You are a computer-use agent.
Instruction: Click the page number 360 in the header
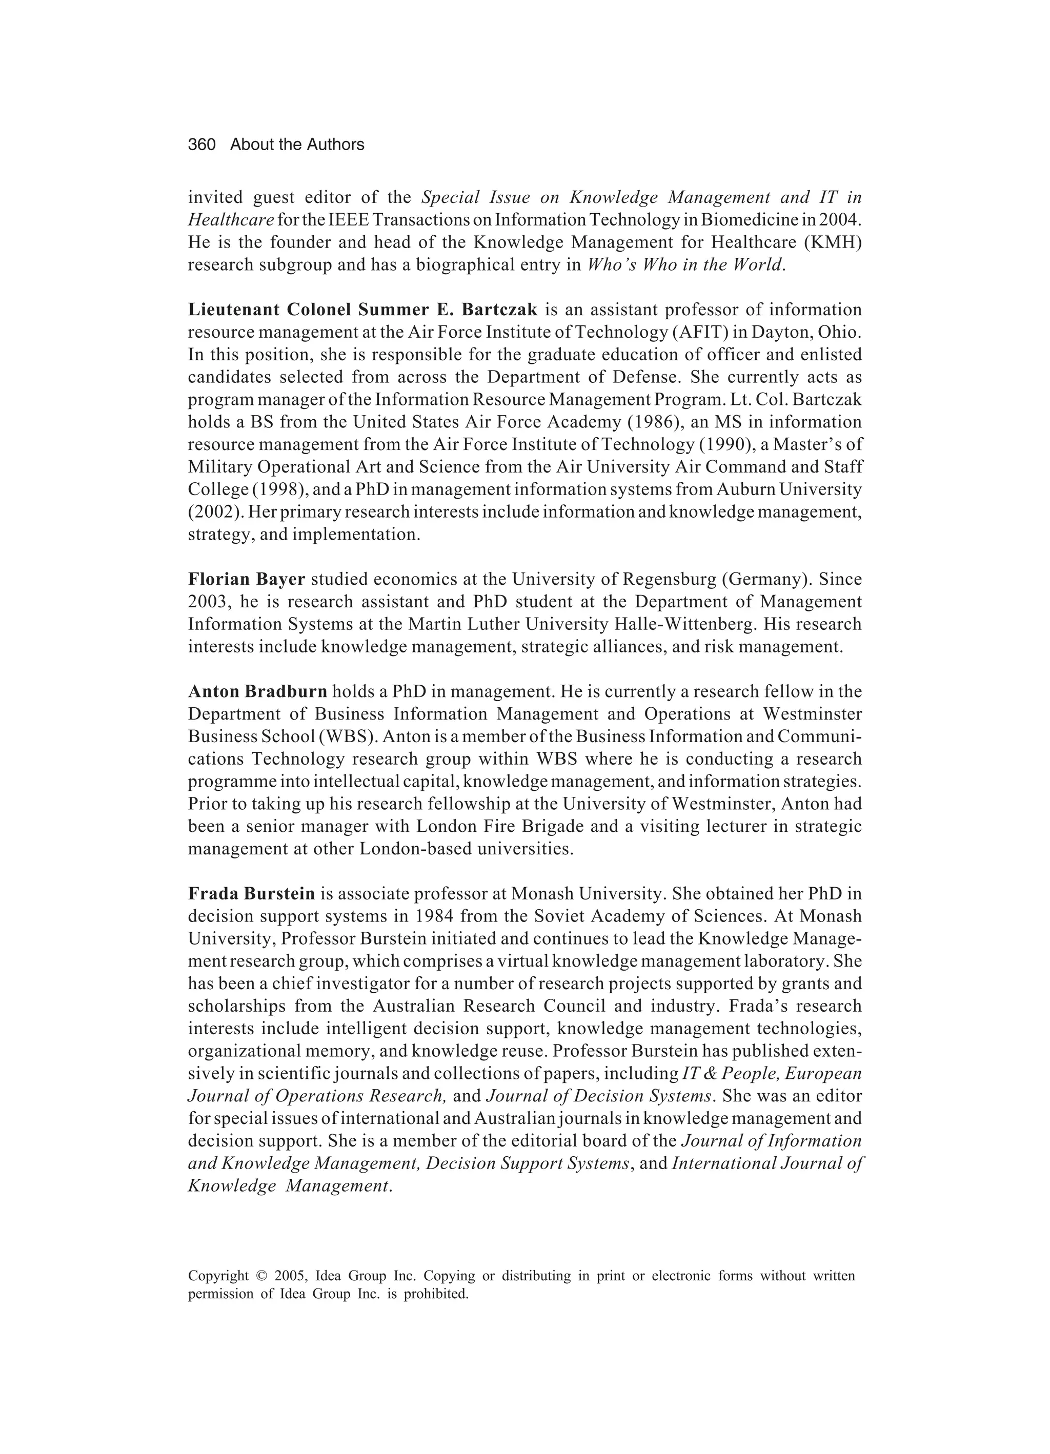[x=201, y=145]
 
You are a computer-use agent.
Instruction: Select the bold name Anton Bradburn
[x=258, y=692]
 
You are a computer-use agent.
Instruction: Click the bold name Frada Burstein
[x=251, y=894]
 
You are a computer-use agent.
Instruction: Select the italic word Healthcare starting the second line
[x=231, y=220]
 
